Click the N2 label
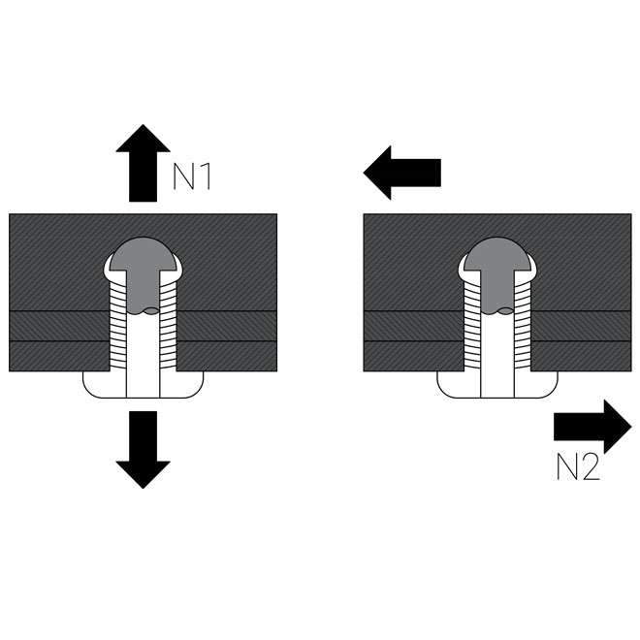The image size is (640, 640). pyautogui.click(x=578, y=468)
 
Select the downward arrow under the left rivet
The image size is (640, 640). pyautogui.click(x=143, y=449)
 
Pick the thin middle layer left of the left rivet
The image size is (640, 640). pyautogui.click(x=53, y=326)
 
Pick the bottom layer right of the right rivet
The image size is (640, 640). pyautogui.click(x=582, y=356)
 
